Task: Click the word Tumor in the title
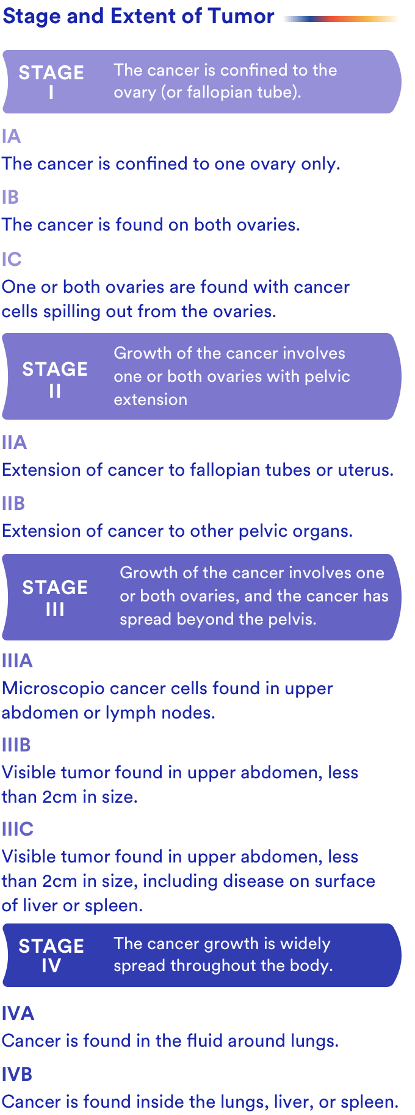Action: point(241,16)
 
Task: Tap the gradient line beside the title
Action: point(341,19)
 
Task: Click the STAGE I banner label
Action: point(51,82)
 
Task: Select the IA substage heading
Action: point(12,136)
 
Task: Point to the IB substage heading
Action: point(10,197)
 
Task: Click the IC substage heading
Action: point(12,259)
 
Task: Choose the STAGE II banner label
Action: point(55,379)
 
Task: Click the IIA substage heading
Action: point(15,442)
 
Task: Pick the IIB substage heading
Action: point(13,503)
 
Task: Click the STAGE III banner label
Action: point(55,598)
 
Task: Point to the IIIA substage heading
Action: point(17,661)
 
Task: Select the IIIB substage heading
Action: point(16,745)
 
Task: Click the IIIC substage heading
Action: point(18,829)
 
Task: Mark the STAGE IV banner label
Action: point(51,955)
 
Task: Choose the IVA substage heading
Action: point(18,1013)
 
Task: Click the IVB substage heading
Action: point(17,1074)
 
